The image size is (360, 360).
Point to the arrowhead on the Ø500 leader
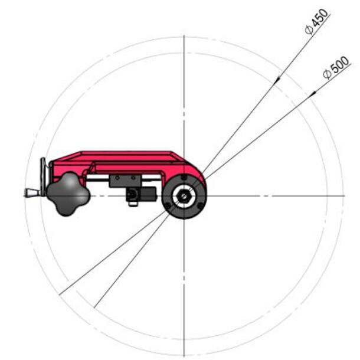313,93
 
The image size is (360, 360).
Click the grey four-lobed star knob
68,194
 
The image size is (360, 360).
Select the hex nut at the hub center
184,196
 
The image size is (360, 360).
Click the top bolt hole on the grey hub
184,178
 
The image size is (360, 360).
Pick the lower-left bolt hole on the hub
168,205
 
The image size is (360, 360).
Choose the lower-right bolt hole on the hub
200,205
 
